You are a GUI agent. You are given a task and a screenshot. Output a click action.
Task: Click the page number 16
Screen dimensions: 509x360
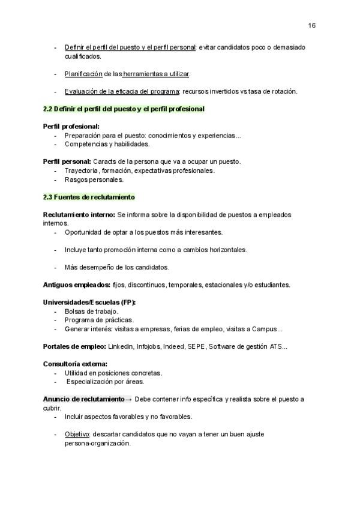(x=312, y=25)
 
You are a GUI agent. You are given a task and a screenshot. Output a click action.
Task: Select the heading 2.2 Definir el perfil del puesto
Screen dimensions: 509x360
(x=124, y=109)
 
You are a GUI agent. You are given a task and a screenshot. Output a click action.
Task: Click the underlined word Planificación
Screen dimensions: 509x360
(x=83, y=74)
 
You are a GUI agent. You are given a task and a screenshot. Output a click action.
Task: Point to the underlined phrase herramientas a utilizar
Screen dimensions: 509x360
(x=157, y=74)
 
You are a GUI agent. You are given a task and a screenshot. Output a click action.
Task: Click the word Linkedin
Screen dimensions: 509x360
(x=121, y=346)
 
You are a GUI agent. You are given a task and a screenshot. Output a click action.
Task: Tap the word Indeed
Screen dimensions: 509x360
(x=174, y=346)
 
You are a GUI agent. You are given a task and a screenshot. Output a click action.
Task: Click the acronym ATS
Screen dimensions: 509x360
(x=274, y=346)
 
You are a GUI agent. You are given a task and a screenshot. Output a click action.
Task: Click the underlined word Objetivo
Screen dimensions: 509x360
(x=77, y=434)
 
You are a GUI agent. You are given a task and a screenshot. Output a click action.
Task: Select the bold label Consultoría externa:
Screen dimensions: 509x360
(x=76, y=364)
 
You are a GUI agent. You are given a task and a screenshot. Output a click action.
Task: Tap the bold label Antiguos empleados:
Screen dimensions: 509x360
(x=77, y=285)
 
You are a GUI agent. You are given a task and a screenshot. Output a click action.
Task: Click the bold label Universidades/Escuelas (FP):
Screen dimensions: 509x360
(x=89, y=302)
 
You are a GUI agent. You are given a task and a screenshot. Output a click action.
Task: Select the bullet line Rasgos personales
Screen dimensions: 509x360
(x=94, y=179)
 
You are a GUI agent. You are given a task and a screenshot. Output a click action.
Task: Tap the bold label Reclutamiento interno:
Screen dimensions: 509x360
(x=79, y=214)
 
